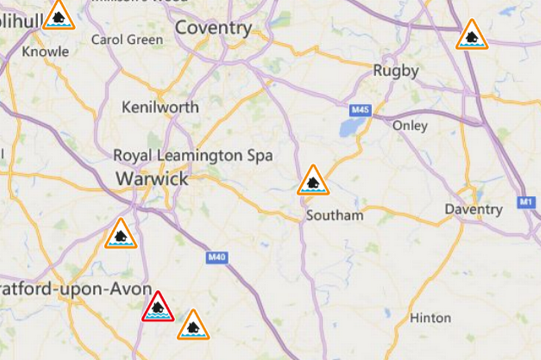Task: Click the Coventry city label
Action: click(x=213, y=28)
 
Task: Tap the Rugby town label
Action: click(x=395, y=71)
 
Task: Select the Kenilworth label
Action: click(x=160, y=107)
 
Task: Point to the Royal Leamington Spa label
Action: click(x=192, y=156)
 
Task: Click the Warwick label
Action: click(x=152, y=178)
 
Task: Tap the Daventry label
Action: click(x=474, y=210)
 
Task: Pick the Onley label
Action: click(x=409, y=126)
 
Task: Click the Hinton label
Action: click(x=430, y=318)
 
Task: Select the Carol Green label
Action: click(x=127, y=40)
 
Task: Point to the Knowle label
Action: click(x=45, y=51)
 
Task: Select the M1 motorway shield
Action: click(x=526, y=202)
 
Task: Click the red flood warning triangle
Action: click(x=158, y=308)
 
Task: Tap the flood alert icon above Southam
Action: click(x=313, y=182)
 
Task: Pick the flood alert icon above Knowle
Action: click(x=59, y=16)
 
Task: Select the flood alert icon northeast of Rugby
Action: click(x=472, y=36)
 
